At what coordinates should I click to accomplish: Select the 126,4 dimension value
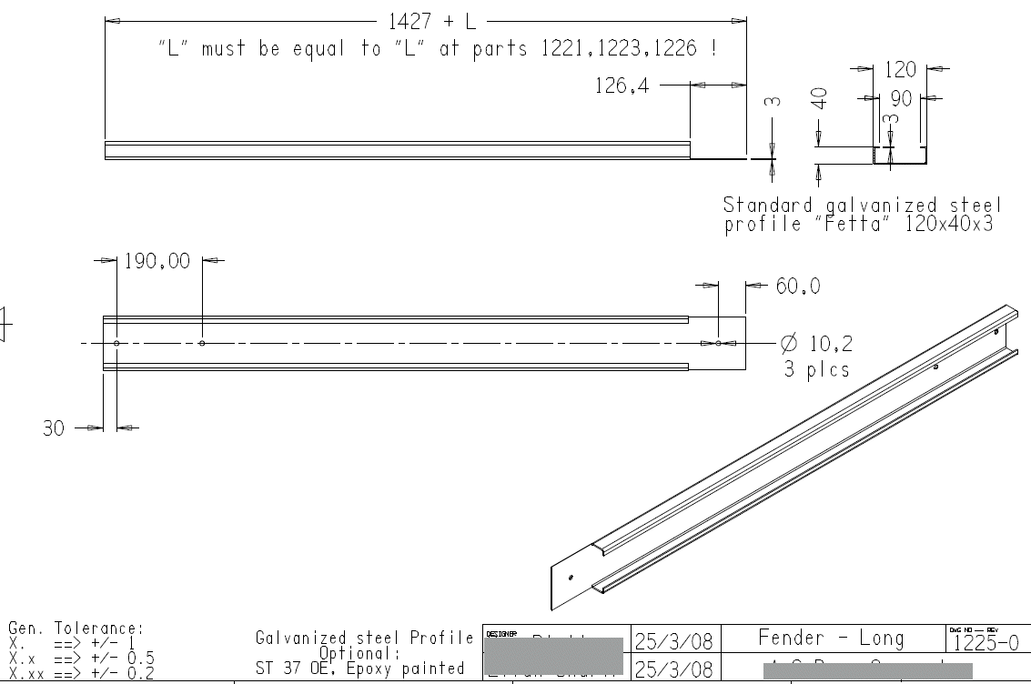tap(622, 85)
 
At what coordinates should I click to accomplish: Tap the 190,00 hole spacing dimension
tap(157, 262)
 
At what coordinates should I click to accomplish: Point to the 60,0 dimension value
tap(798, 287)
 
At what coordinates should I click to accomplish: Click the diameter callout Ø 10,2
tap(817, 344)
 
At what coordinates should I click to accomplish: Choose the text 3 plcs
tap(817, 369)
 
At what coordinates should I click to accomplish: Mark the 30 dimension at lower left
tap(55, 428)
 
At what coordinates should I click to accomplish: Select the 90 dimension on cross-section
tap(901, 97)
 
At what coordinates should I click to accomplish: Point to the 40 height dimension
tap(821, 98)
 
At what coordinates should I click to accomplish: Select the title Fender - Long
tap(831, 639)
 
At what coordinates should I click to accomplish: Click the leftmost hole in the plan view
tap(116, 343)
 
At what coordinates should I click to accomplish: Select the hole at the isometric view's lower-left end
tap(571, 577)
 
